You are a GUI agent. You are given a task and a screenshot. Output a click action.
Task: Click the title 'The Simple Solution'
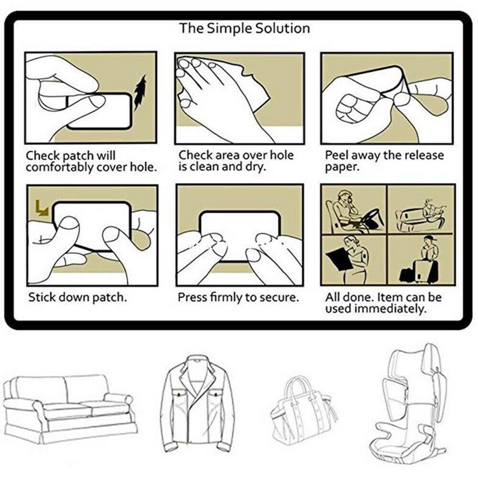pos(245,28)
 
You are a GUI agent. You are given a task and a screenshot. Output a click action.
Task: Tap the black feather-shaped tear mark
pos(140,93)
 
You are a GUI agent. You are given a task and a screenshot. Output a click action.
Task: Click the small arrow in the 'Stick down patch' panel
pos(42,208)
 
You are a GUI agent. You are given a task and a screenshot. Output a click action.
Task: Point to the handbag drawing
pos(302,410)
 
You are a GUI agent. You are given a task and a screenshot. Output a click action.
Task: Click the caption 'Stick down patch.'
pos(78,297)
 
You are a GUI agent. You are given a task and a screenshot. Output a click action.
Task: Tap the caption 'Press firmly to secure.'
pos(238,297)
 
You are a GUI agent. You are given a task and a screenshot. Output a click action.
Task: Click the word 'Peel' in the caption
pos(337,156)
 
